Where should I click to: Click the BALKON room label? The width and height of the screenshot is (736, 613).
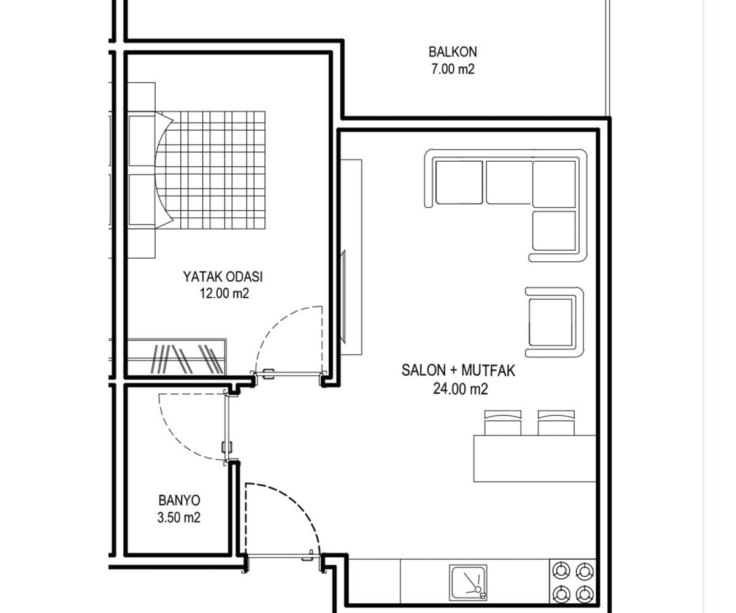(453, 51)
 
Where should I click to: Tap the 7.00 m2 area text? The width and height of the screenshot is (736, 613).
(453, 69)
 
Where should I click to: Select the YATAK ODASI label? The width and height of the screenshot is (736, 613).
(223, 276)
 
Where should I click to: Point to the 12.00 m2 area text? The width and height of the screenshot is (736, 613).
(224, 293)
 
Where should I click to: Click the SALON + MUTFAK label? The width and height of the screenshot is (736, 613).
(458, 371)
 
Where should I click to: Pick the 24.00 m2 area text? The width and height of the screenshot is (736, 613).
(461, 389)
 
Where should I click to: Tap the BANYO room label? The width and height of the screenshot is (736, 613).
(179, 500)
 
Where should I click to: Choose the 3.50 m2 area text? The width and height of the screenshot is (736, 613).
(178, 517)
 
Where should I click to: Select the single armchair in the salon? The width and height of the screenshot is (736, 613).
(554, 322)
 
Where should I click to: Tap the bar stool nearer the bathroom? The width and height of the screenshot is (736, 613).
(503, 423)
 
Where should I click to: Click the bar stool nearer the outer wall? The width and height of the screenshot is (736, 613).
(556, 423)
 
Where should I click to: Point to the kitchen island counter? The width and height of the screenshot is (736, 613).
(535, 459)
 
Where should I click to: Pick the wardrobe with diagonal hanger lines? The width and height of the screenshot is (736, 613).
(176, 357)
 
